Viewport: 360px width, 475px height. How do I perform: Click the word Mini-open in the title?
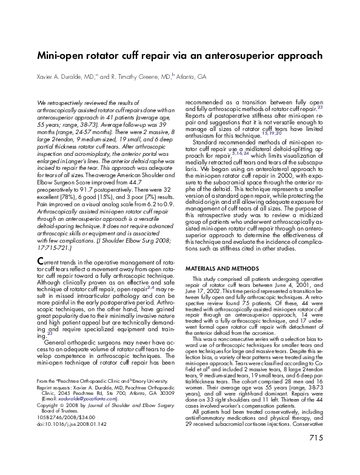(61, 56)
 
